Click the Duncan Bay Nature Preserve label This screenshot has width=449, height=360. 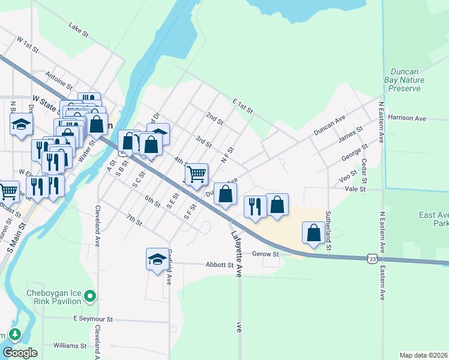click(404, 79)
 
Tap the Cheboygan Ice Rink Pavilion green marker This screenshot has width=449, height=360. click(90, 295)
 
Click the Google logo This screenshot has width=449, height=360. click(20, 353)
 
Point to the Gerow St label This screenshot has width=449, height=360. click(266, 254)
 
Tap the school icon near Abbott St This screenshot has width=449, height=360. click(157, 259)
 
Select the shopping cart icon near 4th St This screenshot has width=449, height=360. click(197, 174)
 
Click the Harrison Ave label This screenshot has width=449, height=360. click(407, 118)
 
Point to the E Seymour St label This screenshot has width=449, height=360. click(93, 319)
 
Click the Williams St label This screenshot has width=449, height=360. click(70, 346)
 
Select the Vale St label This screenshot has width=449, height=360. click(352, 188)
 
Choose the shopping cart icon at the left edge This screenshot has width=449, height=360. click(8, 191)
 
